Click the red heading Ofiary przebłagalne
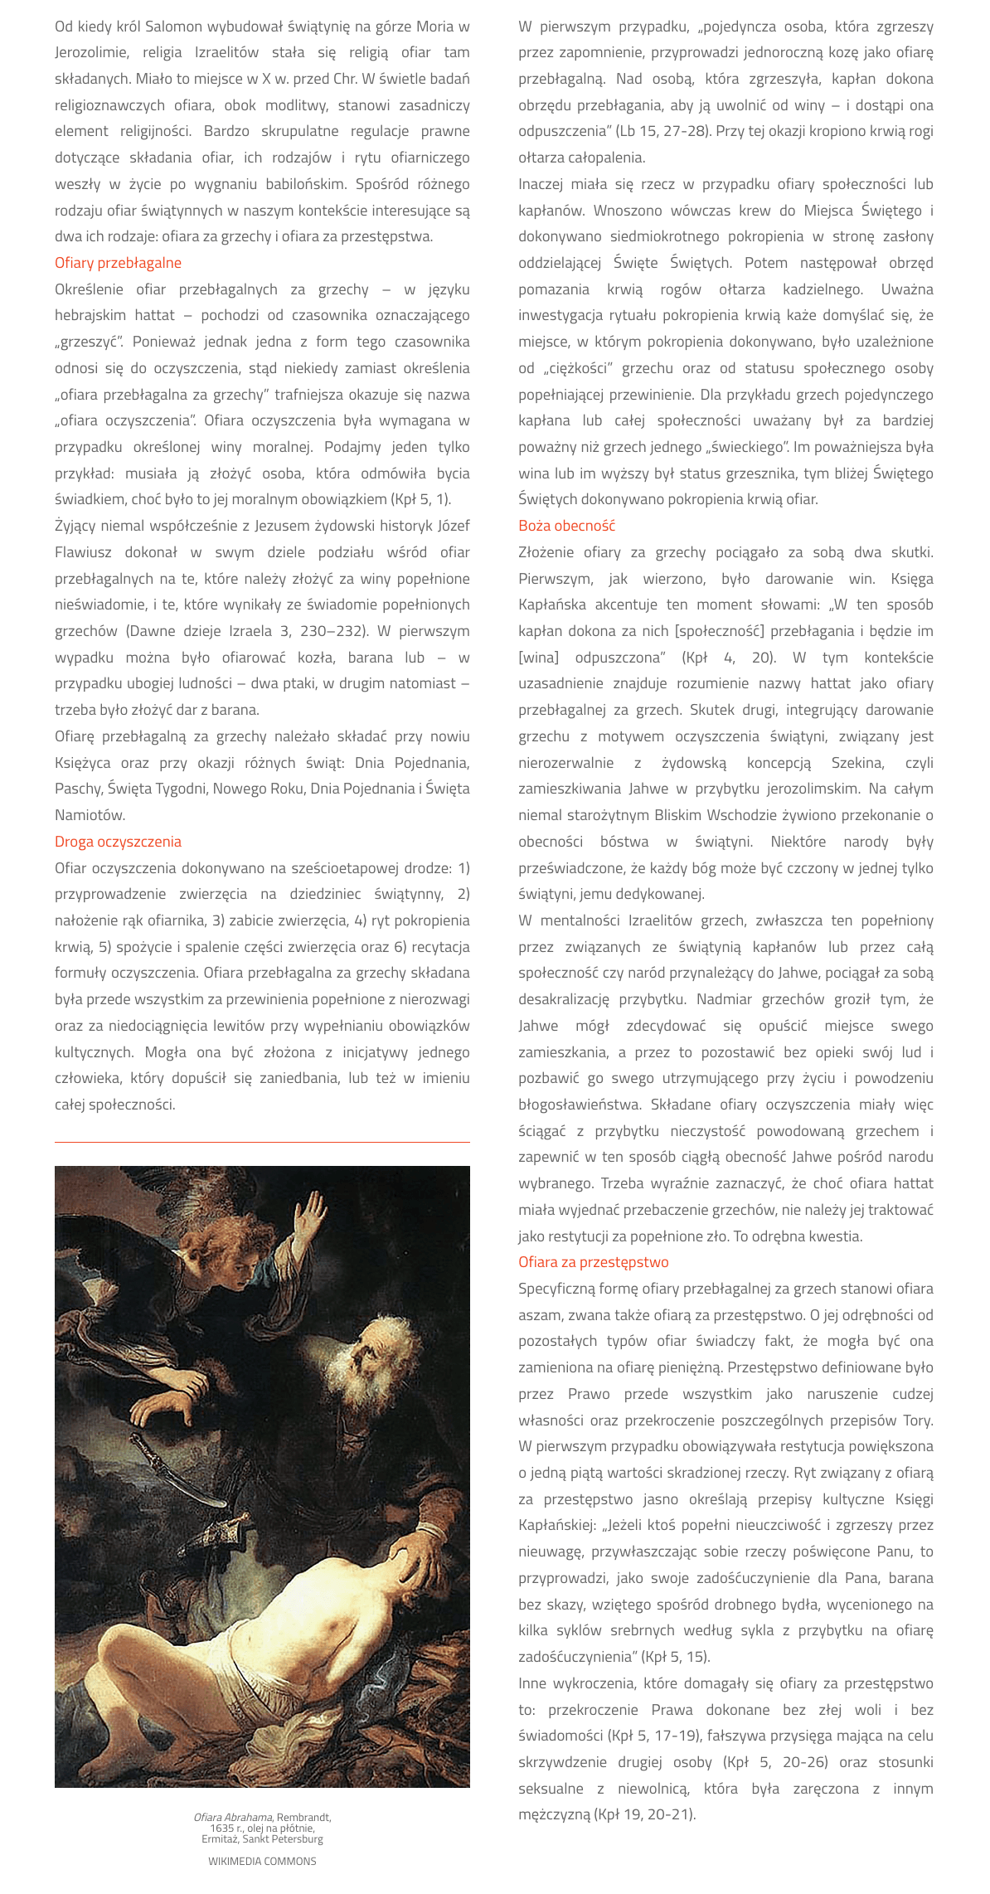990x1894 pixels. [x=118, y=263]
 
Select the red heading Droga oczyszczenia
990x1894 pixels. [x=118, y=842]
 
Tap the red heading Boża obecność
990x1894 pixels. [x=566, y=526]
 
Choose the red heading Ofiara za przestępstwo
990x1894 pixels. [x=593, y=1262]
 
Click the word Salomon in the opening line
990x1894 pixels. [x=174, y=27]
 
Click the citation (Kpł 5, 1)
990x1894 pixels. [x=420, y=499]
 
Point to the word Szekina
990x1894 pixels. [x=857, y=763]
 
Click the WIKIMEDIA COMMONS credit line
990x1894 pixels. [x=262, y=1862]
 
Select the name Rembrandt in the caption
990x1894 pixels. [x=303, y=1818]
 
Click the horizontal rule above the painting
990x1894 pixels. [x=262, y=1143]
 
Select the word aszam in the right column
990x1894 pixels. [x=536, y=1315]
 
